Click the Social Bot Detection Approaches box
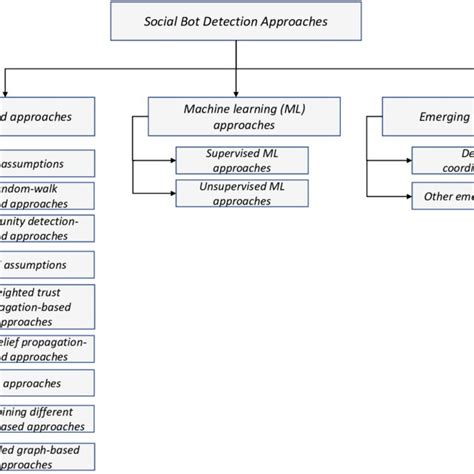pos(236,21)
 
